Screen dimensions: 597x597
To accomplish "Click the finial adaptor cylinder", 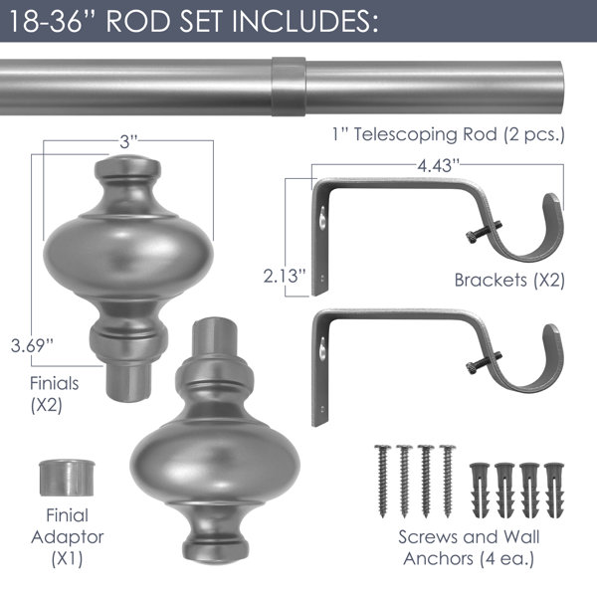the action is coord(67,478).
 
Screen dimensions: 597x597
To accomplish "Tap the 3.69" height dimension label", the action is coord(32,345).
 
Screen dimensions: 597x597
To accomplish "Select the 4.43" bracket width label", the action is coord(438,165).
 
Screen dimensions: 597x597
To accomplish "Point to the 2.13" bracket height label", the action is coord(285,276).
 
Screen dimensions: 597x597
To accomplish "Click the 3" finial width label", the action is coord(128,142).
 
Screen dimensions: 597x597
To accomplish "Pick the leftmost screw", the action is coord(383,481).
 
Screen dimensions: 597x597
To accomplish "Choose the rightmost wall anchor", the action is coord(554,490).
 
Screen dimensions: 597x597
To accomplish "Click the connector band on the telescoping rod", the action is coord(289,87).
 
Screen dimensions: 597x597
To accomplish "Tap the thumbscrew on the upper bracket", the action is coord(483,232).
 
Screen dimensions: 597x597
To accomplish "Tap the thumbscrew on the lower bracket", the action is coord(483,363).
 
